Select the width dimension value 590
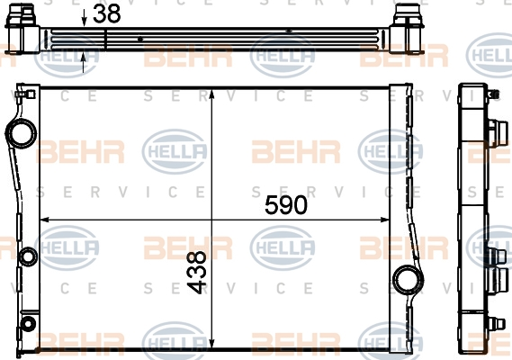point(285,205)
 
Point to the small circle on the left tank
point(26,257)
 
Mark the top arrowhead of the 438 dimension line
point(211,94)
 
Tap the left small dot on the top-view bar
point(141,40)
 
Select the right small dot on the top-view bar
point(288,31)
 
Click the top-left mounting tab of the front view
point(22,94)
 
